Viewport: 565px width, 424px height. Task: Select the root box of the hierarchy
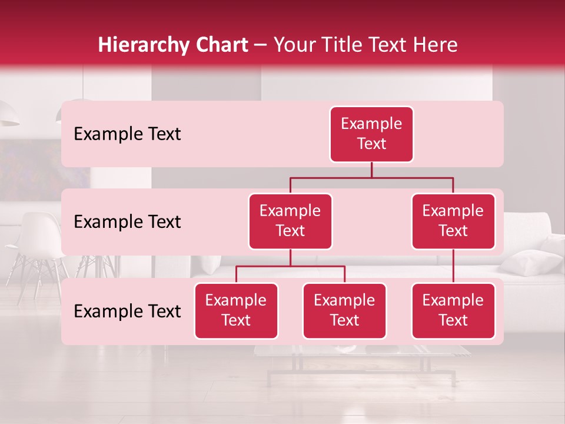(371, 134)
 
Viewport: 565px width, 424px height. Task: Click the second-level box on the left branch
(290, 221)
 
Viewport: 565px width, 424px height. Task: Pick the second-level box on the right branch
(453, 221)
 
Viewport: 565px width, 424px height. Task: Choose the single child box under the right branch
(453, 311)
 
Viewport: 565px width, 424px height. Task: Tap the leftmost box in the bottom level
(236, 311)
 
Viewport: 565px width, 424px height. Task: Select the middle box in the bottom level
(344, 311)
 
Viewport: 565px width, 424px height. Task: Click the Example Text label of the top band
(127, 134)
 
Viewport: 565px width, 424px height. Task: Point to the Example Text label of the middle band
(127, 222)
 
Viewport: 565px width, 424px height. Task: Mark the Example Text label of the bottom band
(127, 311)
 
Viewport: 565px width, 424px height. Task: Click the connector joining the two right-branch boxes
(453, 266)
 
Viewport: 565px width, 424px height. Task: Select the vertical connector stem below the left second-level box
(290, 257)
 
